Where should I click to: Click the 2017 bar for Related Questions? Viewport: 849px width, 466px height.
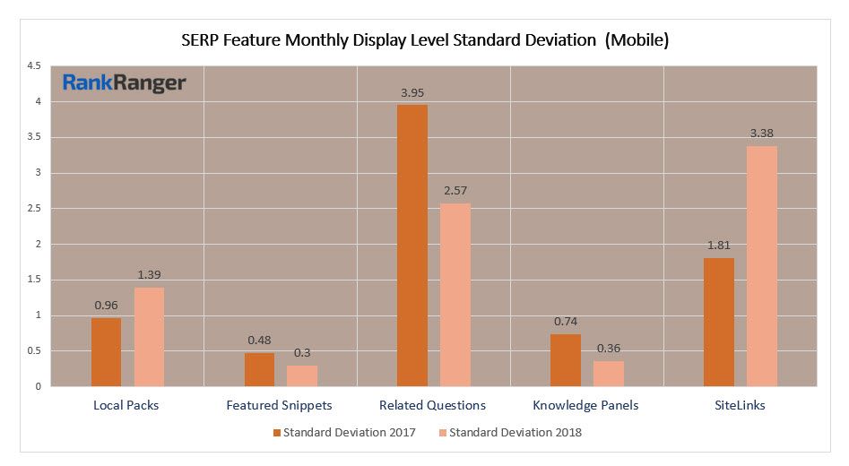pos(412,246)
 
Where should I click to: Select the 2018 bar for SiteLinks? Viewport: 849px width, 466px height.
pos(762,266)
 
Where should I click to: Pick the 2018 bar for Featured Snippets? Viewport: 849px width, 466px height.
pos(302,375)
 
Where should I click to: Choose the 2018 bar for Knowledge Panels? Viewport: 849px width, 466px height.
pos(609,374)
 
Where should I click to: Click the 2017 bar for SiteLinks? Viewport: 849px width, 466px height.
pos(719,322)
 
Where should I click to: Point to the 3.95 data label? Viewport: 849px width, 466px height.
pos(412,92)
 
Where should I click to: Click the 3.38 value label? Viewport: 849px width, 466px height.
pos(762,134)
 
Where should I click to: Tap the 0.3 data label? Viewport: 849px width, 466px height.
pos(302,353)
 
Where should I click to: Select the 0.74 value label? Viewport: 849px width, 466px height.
pos(565,322)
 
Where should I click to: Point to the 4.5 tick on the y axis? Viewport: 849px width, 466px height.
pos(33,66)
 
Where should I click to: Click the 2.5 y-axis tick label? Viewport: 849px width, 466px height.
pos(33,209)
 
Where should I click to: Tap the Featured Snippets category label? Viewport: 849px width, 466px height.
pos(281,405)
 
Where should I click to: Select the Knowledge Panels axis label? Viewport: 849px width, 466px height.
pos(585,405)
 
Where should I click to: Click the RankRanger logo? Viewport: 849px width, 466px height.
pos(124,84)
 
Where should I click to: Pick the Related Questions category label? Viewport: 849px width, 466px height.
pos(433,405)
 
